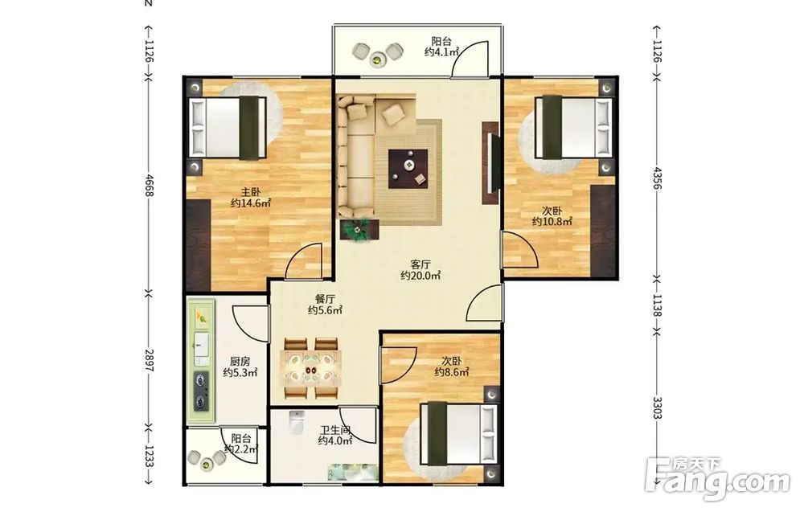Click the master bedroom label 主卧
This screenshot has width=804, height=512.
(251, 192)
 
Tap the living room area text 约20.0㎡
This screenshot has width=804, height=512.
(420, 276)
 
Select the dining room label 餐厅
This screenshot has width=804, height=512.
(325, 299)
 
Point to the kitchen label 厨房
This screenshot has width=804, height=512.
(240, 362)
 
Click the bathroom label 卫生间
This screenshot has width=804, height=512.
(336, 430)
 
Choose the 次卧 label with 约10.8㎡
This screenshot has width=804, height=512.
(552, 211)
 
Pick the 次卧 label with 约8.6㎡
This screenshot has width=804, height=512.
(452, 361)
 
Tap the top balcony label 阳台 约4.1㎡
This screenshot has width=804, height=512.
(441, 46)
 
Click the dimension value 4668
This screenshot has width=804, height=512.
(149, 185)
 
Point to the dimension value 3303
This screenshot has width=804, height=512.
(657, 408)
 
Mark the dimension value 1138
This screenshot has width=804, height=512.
(657, 306)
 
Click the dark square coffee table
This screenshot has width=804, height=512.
(408, 169)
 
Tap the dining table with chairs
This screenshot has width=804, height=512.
(311, 368)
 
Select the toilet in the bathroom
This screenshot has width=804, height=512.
(297, 422)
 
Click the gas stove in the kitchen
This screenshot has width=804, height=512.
(201, 392)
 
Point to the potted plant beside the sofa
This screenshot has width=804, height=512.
(359, 230)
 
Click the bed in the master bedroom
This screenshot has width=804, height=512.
(228, 128)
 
